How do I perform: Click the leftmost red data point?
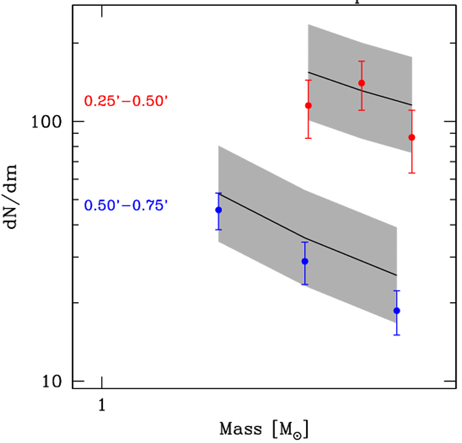click(x=308, y=105)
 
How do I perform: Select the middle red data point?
click(x=361, y=83)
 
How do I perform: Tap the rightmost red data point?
click(x=412, y=137)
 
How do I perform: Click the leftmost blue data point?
click(x=218, y=210)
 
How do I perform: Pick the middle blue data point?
click(x=305, y=261)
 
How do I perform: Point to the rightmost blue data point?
click(x=397, y=310)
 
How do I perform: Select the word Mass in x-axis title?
click(x=240, y=429)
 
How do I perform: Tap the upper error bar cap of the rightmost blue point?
click(x=397, y=291)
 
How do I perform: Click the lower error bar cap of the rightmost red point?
click(x=412, y=173)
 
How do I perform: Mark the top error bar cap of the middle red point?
click(x=361, y=61)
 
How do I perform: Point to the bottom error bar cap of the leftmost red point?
click(x=308, y=138)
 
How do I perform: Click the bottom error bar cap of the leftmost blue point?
click(x=218, y=230)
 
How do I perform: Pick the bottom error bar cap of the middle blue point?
click(x=305, y=284)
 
